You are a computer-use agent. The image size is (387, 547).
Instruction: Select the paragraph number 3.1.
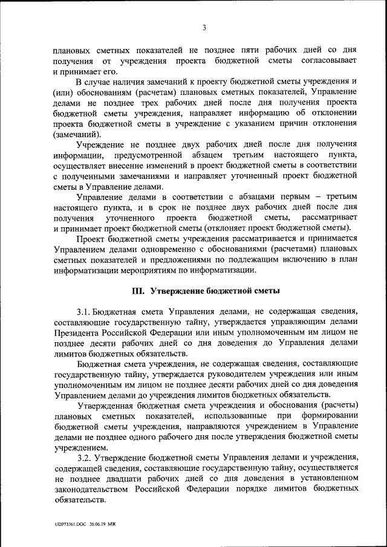coord(83,311)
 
